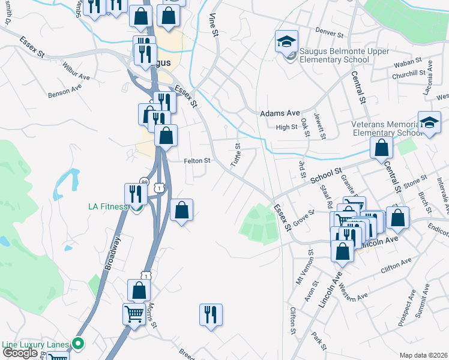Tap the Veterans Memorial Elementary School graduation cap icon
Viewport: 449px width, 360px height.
pos(429,124)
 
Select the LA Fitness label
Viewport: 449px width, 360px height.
pos(108,206)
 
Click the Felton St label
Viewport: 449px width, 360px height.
pos(197,161)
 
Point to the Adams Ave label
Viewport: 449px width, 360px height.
pos(279,113)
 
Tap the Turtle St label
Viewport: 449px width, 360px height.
pos(237,155)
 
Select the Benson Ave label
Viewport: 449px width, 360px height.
pos(65,90)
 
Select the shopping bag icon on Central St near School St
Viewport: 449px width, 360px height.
pos(381,147)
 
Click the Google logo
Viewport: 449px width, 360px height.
pos(19,352)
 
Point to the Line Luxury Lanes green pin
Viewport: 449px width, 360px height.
pos(77,344)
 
